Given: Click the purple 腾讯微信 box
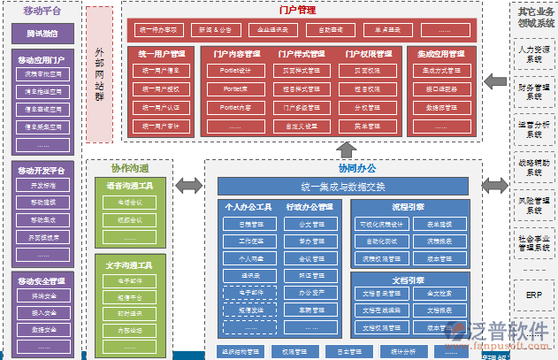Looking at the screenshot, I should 42,33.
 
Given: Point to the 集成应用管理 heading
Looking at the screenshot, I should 441,54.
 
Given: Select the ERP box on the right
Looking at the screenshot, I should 533,295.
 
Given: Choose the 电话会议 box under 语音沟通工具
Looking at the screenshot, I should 129,202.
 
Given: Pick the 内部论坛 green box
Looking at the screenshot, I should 129,330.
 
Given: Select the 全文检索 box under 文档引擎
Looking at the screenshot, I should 441,293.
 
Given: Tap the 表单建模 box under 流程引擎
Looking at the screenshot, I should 441,225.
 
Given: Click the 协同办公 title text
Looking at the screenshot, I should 345,167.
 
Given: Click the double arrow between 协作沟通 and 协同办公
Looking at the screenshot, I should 187,186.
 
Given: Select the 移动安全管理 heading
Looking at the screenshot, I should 42,280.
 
